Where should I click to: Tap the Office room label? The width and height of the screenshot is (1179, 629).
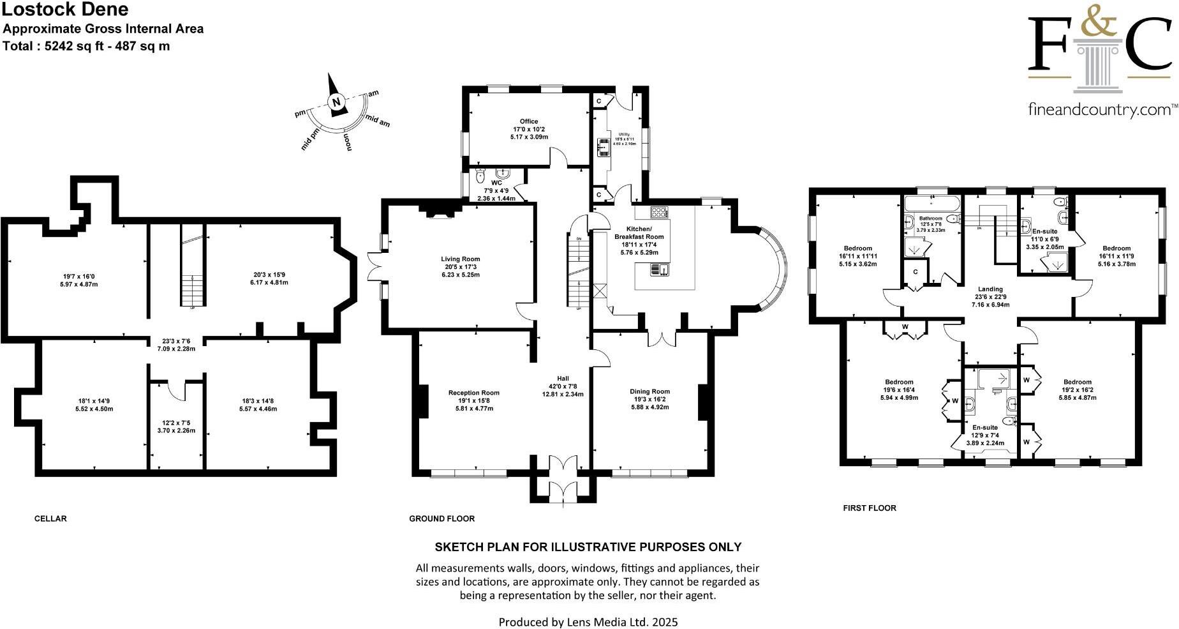tap(528, 121)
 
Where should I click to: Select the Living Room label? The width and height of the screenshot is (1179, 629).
tap(460, 259)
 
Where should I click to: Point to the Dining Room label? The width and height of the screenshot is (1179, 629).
tap(649, 391)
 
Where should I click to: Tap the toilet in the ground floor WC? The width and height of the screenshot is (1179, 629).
tap(482, 174)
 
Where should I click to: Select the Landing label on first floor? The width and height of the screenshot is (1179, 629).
tap(990, 289)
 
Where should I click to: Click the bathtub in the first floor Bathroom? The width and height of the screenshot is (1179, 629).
tap(931, 205)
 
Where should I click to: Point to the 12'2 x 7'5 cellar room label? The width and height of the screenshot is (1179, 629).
tap(177, 423)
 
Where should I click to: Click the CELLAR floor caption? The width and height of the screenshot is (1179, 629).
tap(50, 519)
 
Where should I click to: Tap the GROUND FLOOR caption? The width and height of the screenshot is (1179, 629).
tap(441, 519)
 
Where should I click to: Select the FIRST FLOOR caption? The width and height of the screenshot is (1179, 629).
tap(869, 508)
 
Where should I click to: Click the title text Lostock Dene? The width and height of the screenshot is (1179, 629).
tap(66, 10)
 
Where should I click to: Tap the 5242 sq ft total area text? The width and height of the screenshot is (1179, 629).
tap(77, 46)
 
